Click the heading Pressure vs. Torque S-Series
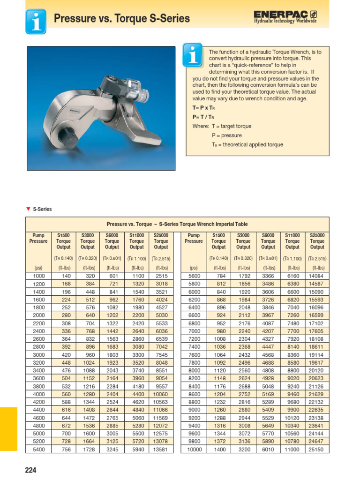(122, 19)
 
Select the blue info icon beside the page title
(36, 21)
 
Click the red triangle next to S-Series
(28, 209)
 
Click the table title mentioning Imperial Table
(177, 224)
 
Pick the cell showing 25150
(317, 449)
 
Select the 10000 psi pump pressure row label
(194, 449)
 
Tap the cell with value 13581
(161, 449)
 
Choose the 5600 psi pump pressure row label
(194, 276)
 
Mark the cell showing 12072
(161, 426)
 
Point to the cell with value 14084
(317, 276)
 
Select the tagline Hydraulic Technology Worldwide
(285, 21)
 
